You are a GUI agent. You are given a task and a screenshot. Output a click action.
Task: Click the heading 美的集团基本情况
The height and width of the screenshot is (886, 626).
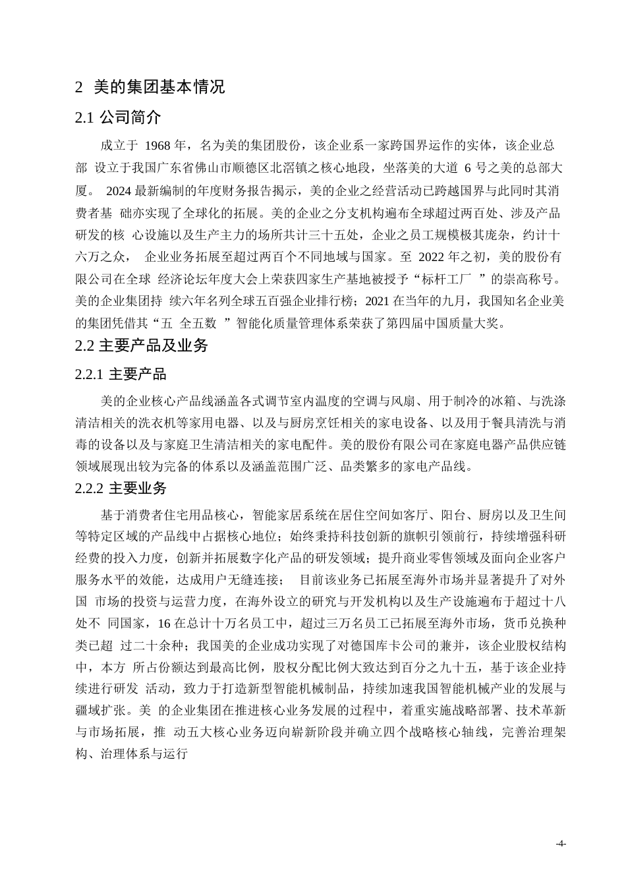(159, 87)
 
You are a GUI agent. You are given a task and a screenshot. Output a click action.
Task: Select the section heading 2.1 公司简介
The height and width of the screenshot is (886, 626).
(119, 118)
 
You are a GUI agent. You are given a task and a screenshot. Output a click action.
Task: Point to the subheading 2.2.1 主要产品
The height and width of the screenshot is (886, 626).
(121, 374)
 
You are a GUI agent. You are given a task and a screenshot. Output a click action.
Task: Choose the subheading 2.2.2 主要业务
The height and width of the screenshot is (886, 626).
(121, 488)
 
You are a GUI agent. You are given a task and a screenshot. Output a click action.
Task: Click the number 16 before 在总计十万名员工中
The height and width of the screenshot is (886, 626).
(164, 623)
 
